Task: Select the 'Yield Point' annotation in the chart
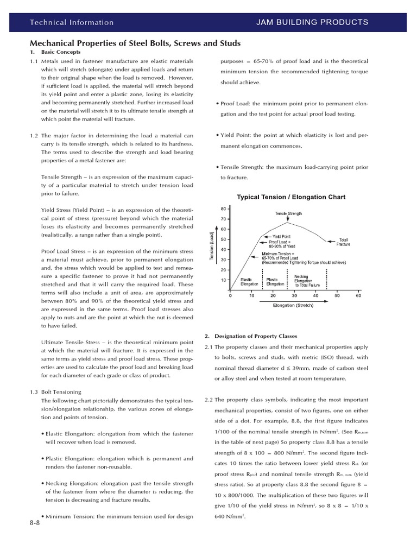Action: (x=281, y=237)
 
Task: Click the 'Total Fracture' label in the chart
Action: (x=343, y=242)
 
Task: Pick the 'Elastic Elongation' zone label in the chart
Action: (x=249, y=281)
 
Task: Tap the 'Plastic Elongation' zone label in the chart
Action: (x=275, y=281)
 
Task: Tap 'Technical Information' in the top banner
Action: (x=72, y=22)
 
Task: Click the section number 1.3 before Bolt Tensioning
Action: (x=34, y=391)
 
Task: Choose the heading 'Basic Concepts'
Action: (x=61, y=52)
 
